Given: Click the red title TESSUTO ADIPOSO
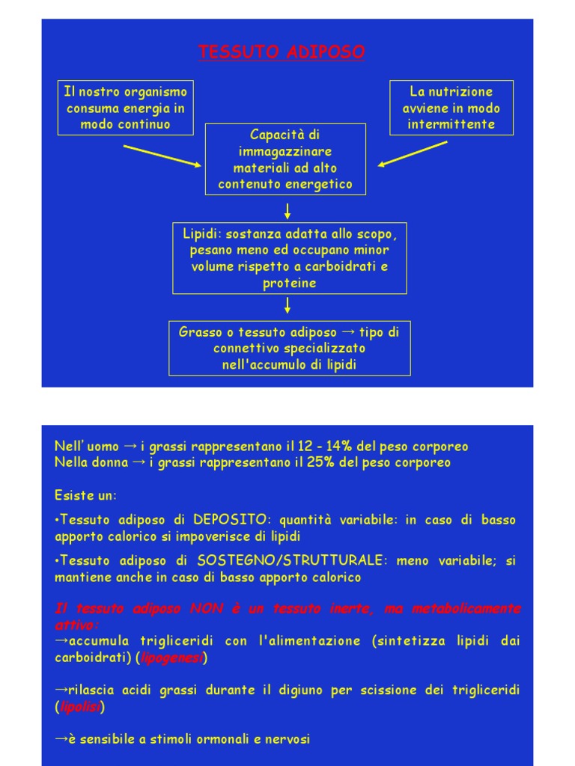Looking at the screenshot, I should click(x=282, y=52).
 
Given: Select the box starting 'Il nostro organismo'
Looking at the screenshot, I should click(x=126, y=108).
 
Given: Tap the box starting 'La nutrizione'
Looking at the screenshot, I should click(x=451, y=108).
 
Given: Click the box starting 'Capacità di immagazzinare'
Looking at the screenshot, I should click(x=285, y=159).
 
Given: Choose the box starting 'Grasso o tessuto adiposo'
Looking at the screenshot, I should click(x=290, y=349).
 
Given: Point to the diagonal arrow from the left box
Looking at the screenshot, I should click(x=162, y=156).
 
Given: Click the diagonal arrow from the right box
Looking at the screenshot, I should click(x=413, y=154).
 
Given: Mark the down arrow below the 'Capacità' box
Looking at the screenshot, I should click(x=287, y=210).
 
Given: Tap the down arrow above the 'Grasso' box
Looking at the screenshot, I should click(x=287, y=305).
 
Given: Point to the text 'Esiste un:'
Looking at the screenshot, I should click(x=86, y=495).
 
